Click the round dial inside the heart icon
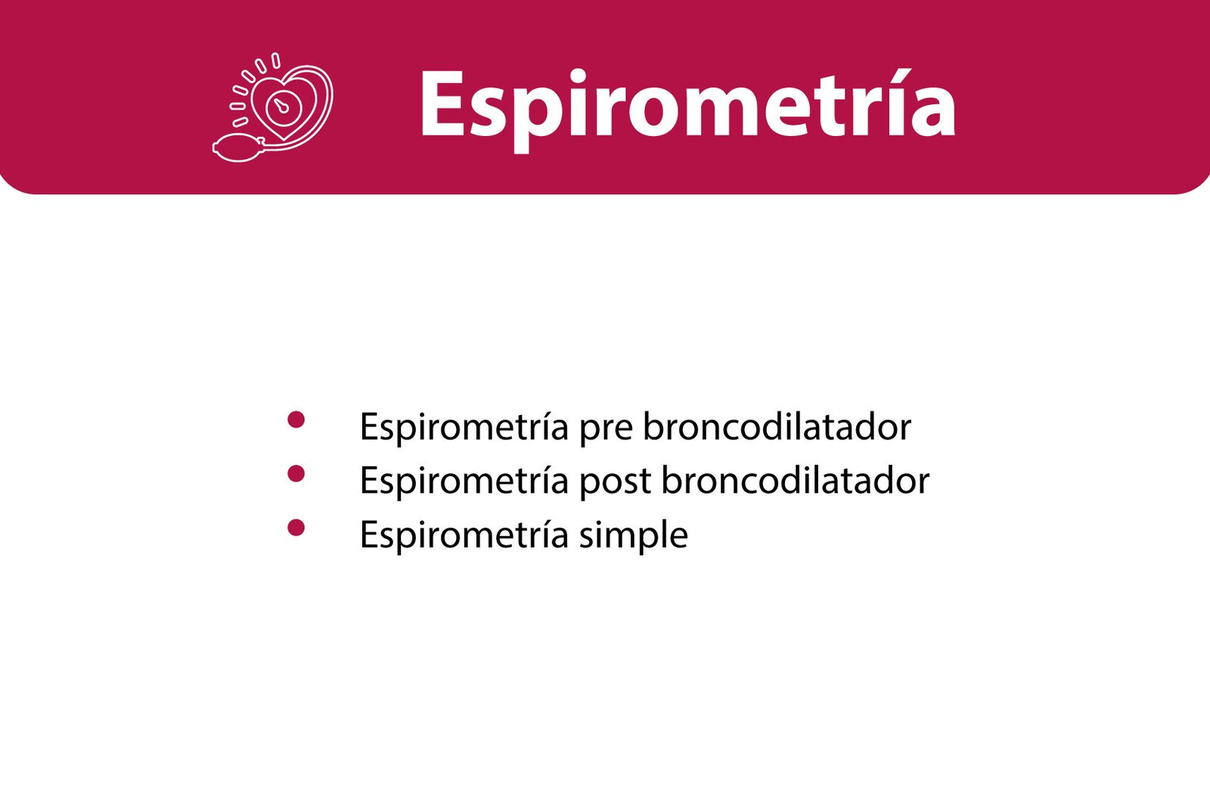pyautogui.click(x=282, y=107)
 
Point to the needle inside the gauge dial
pyautogui.click(x=279, y=106)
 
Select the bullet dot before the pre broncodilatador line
pyautogui.click(x=296, y=419)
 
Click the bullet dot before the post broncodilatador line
pyautogui.click(x=296, y=473)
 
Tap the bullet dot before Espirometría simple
pyautogui.click(x=296, y=527)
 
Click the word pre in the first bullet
pyautogui.click(x=606, y=433)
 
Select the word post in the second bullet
pyautogui.click(x=616, y=485)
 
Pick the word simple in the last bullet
pyautogui.click(x=634, y=537)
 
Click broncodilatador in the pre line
pyautogui.click(x=777, y=426)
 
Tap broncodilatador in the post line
pyautogui.click(x=796, y=479)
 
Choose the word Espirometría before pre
pyautogui.click(x=464, y=429)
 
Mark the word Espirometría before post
pyautogui.click(x=464, y=482)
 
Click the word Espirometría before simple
pyautogui.click(x=464, y=536)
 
